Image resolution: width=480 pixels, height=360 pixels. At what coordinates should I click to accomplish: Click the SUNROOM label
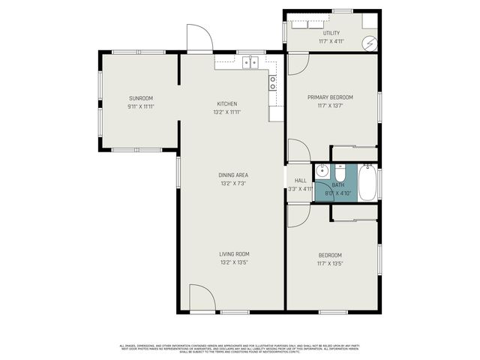click(x=140, y=98)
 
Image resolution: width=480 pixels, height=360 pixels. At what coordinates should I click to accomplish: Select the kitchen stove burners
click(x=273, y=82)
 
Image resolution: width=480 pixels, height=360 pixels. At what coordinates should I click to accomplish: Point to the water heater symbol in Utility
click(x=369, y=43)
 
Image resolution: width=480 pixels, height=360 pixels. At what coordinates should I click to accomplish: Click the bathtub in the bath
click(x=367, y=183)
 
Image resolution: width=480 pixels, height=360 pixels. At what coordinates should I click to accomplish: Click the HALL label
click(x=300, y=181)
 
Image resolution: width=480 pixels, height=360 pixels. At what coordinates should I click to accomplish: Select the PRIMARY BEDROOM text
click(x=330, y=97)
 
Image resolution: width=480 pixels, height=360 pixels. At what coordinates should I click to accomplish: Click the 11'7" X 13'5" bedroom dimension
click(x=330, y=263)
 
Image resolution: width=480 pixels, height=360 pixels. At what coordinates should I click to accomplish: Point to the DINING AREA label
click(x=233, y=175)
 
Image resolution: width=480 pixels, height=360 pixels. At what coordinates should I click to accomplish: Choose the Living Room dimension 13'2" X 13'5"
click(x=233, y=262)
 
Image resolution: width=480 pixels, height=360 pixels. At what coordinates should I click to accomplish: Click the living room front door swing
click(x=201, y=298)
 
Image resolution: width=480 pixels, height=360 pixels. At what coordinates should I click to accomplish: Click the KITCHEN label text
click(x=227, y=103)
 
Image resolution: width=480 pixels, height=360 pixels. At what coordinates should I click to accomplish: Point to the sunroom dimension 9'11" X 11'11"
click(x=140, y=106)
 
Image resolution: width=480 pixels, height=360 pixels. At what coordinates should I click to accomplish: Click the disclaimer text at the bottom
click(x=240, y=348)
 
